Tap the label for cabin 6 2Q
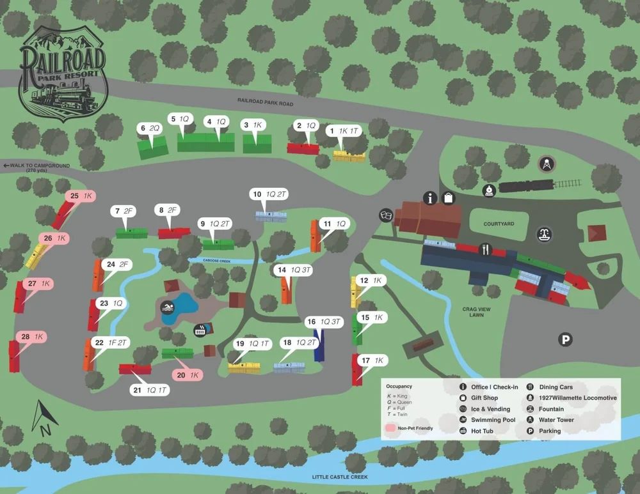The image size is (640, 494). click(x=150, y=128)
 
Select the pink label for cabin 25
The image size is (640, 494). click(x=81, y=196)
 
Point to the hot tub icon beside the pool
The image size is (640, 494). click(x=200, y=330)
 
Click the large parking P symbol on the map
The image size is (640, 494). click(x=565, y=340)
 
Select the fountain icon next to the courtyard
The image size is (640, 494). click(x=545, y=234)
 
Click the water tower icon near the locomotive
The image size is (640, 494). click(x=546, y=164)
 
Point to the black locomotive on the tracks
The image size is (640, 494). click(x=525, y=186)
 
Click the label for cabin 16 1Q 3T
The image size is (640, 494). click(x=324, y=321)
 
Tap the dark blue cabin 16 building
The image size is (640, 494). click(x=318, y=345)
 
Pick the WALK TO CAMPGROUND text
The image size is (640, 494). click(x=36, y=166)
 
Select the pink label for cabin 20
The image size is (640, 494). click(x=187, y=375)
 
